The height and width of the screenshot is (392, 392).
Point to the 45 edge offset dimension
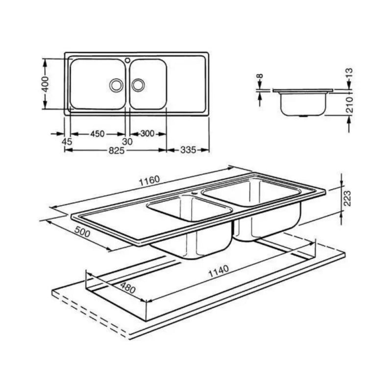67,142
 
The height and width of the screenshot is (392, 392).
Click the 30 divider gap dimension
128,142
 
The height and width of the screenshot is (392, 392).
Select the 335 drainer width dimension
188,150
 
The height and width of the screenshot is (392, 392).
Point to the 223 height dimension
347,198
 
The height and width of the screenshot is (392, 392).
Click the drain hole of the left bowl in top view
116,84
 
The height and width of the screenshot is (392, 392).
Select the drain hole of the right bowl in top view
138,84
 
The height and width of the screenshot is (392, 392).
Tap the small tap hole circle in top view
127,61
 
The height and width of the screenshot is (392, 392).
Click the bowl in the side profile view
302,104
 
